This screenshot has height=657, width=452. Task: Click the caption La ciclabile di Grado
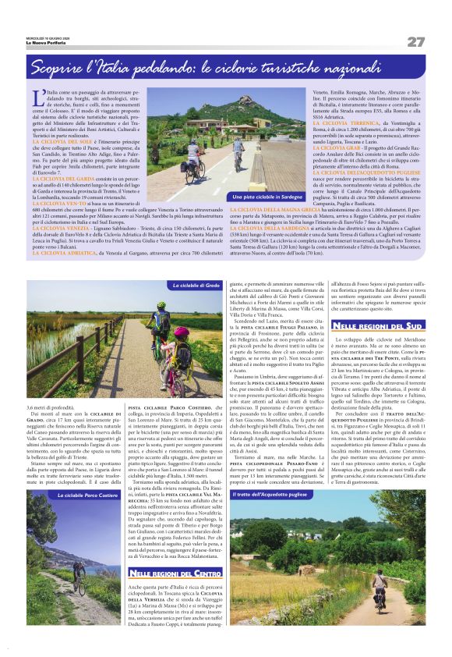pos(196,286)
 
